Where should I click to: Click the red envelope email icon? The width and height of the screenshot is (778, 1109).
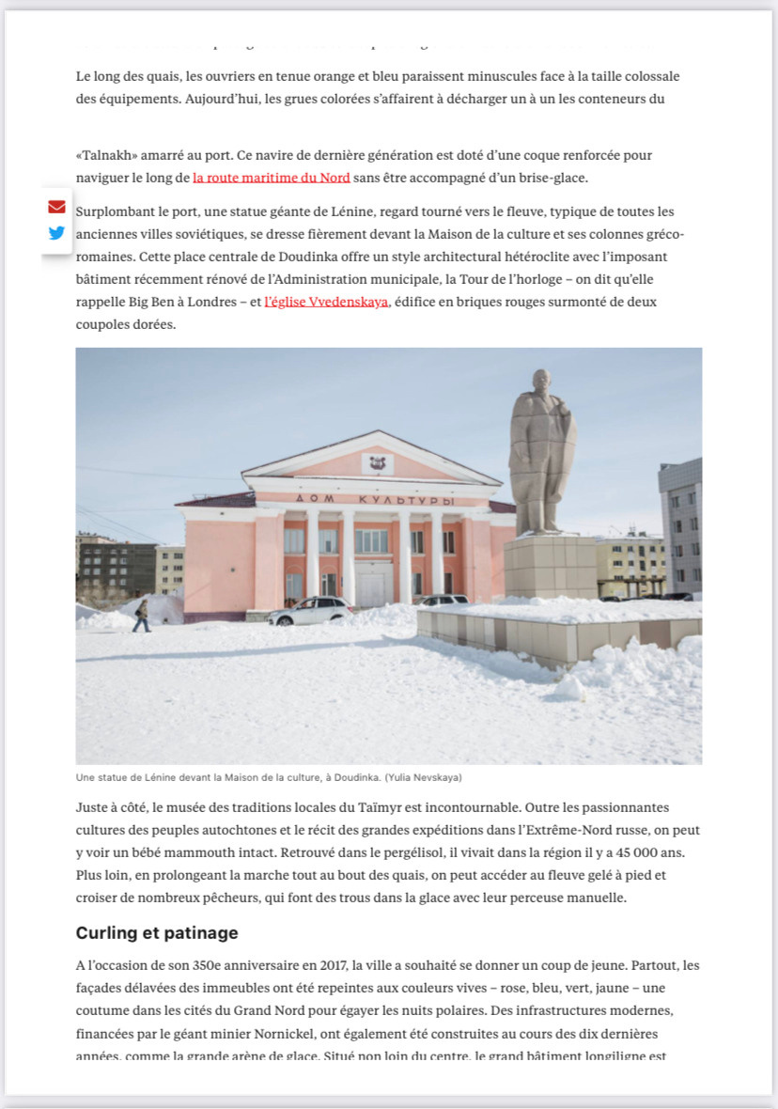coord(56,207)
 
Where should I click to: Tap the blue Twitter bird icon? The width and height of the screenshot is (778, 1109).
coord(56,233)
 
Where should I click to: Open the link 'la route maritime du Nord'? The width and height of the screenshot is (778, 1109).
coord(271,178)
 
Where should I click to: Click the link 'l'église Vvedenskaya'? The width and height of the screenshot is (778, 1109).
coord(326,302)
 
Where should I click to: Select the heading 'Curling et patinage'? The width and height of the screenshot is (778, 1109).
coord(157,933)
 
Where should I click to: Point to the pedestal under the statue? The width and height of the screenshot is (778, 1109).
coord(550,566)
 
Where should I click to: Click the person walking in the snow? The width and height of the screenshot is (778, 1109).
coord(141,616)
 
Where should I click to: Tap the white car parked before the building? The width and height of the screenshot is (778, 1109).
coord(310,611)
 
